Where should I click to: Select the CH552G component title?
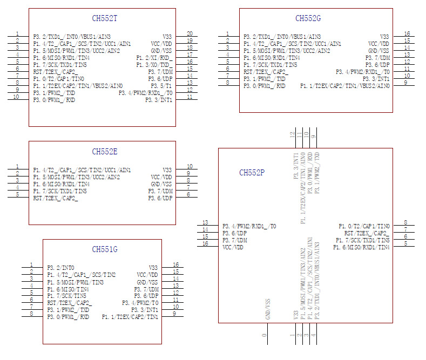pos(308,19)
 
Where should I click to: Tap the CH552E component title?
pos(104,152)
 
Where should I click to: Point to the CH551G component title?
pos(104,249)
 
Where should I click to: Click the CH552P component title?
pos(252,173)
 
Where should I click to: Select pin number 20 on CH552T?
pos(190,33)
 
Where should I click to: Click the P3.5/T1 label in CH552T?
pos(161,86)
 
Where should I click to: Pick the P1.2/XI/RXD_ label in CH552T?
pos(154,58)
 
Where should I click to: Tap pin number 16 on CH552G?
pos(407,33)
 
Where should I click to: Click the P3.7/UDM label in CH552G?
pos(377,58)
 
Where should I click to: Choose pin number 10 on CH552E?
pos(190,166)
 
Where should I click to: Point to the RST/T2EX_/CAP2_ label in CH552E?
pos(55,198)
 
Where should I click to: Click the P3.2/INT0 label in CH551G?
pos(60,268)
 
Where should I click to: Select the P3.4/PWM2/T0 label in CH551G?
pos(140,303)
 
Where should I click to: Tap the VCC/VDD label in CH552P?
pos(233,247)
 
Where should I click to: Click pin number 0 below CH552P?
pos(265,335)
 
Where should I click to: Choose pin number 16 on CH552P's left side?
pos(205,244)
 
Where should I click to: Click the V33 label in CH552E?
pos(167,170)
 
